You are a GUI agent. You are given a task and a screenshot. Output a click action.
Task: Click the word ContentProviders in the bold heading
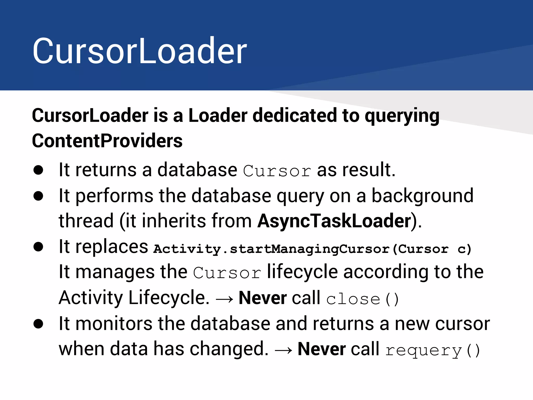click(x=107, y=141)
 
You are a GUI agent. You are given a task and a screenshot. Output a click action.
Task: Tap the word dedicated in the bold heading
click(x=295, y=115)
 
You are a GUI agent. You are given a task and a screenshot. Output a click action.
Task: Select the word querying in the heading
click(x=402, y=116)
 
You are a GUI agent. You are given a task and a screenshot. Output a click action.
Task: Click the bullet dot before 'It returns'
click(x=38, y=170)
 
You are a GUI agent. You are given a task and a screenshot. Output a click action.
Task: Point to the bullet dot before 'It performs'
click(x=38, y=196)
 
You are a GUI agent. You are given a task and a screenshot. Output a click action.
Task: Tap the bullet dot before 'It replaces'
click(x=38, y=247)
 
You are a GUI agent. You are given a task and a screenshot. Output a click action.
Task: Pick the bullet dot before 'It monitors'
click(x=38, y=324)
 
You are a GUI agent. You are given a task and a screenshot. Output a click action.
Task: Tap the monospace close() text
click(x=362, y=299)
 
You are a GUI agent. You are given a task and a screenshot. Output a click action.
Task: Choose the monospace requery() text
click(x=432, y=350)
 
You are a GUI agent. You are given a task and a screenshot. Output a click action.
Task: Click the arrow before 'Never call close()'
click(x=224, y=299)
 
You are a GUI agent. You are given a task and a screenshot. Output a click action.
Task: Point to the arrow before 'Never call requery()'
click(x=283, y=351)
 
